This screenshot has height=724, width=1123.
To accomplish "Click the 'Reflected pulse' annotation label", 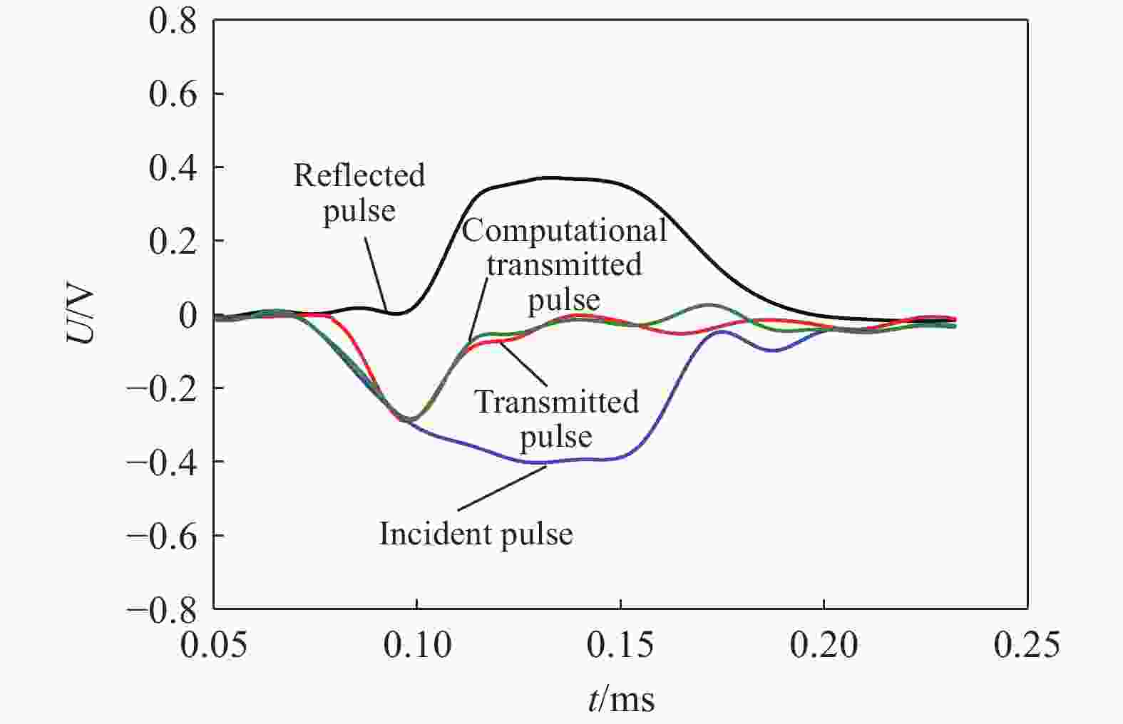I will [359, 192].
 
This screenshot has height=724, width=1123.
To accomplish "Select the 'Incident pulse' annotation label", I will [476, 534].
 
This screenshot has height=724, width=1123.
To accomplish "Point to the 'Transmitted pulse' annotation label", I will [556, 419].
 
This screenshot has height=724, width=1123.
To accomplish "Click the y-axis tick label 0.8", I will [173, 21].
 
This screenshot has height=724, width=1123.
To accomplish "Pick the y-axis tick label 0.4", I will [173, 168].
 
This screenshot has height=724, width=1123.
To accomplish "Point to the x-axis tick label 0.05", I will [214, 645].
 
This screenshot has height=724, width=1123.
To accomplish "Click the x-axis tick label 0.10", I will [417, 645].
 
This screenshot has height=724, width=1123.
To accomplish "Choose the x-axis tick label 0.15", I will [621, 645].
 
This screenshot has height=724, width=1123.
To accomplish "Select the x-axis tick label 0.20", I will [824, 645].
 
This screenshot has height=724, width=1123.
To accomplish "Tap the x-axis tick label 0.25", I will [1027, 645].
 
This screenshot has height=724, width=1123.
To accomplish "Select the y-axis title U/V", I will [81, 315].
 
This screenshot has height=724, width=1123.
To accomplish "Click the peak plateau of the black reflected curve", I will [563, 178].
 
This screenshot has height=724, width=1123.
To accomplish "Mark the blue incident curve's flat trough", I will [570, 460].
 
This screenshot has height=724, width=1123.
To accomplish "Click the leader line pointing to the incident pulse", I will [503, 487].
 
